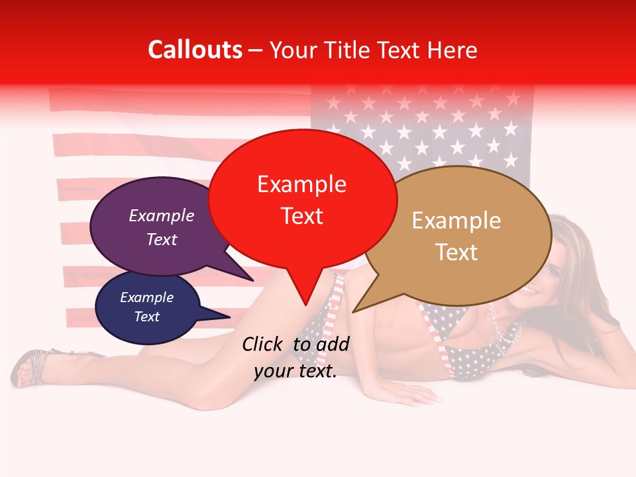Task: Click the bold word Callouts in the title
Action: tap(195, 50)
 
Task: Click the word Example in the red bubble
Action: tap(302, 184)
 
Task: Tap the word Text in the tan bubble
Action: tap(456, 252)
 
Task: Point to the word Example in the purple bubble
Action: tap(162, 216)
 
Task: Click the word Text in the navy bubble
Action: tap(147, 317)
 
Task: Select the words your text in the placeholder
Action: tap(295, 372)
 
